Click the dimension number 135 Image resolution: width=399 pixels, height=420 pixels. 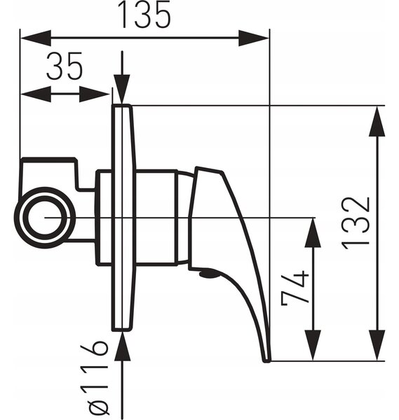pyautogui.click(x=144, y=15)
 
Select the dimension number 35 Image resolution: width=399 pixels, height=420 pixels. pyautogui.click(x=64, y=66)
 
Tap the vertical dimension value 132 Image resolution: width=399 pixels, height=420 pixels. pyautogui.click(x=356, y=224)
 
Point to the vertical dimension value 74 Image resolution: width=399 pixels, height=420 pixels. pyautogui.click(x=295, y=288)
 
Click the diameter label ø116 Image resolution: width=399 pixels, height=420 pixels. pyautogui.click(x=98, y=380)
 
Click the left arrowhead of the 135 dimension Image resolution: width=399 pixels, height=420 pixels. pyautogui.click(x=36, y=38)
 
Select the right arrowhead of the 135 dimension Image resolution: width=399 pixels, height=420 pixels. pyautogui.click(x=254, y=38)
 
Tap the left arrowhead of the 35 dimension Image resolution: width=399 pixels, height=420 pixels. pyautogui.click(x=36, y=94)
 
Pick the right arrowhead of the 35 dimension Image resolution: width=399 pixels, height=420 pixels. pyautogui.click(x=95, y=94)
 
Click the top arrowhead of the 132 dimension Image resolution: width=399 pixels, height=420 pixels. pyautogui.click(x=377, y=122)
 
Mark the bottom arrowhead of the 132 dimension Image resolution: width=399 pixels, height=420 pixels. pyautogui.click(x=377, y=345)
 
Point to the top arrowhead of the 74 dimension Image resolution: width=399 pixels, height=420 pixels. pyautogui.click(x=313, y=233)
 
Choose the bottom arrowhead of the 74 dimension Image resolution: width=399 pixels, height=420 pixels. pyautogui.click(x=313, y=345)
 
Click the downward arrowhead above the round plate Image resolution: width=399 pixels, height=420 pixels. pyautogui.click(x=122, y=89)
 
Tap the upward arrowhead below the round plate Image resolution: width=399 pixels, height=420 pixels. pyautogui.click(x=122, y=346)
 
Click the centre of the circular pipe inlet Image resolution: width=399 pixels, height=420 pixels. pyautogui.click(x=45, y=218)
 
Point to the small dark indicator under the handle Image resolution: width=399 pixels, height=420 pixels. pyautogui.click(x=208, y=274)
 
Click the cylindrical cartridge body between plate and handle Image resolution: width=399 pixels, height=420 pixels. pyautogui.click(x=156, y=218)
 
